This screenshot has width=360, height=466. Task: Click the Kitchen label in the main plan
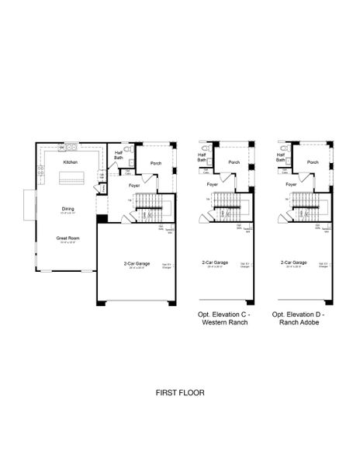71,162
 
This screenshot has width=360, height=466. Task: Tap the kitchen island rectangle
71,179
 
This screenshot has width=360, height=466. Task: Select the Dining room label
68,209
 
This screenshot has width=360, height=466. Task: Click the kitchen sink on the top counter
71,146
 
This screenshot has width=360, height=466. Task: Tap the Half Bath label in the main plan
119,155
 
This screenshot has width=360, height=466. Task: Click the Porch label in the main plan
156,163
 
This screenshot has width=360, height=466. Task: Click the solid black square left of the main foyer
101,219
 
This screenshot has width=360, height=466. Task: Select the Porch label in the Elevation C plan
233,162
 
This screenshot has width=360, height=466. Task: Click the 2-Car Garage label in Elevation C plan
213,263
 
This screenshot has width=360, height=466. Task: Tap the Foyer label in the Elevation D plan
291,185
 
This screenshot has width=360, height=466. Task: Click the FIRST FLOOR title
179,393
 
